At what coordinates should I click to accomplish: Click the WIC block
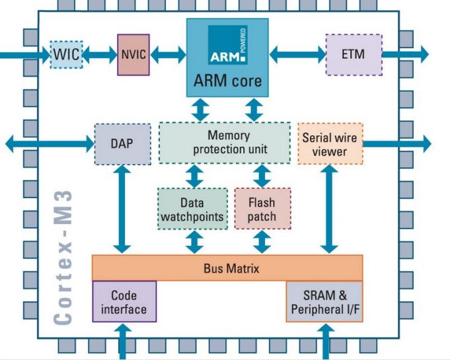(x=67, y=54)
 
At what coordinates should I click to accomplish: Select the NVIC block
(x=133, y=54)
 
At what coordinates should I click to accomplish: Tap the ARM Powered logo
(x=227, y=45)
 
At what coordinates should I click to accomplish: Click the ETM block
(x=354, y=54)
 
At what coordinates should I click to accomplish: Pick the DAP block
(x=124, y=143)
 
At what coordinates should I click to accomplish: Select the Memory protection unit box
(x=225, y=142)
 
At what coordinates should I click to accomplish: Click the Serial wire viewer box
(x=330, y=143)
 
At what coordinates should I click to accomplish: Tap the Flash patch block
(x=262, y=209)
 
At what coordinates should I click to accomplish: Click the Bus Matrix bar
(x=227, y=268)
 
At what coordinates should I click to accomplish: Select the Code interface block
(x=124, y=302)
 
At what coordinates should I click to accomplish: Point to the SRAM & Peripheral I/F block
(x=324, y=302)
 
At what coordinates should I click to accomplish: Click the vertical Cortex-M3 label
(x=63, y=258)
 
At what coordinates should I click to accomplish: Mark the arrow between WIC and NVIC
(x=100, y=54)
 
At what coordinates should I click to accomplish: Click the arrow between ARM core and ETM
(x=297, y=54)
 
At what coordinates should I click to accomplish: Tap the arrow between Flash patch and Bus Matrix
(x=262, y=242)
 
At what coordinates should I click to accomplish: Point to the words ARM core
(x=227, y=82)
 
